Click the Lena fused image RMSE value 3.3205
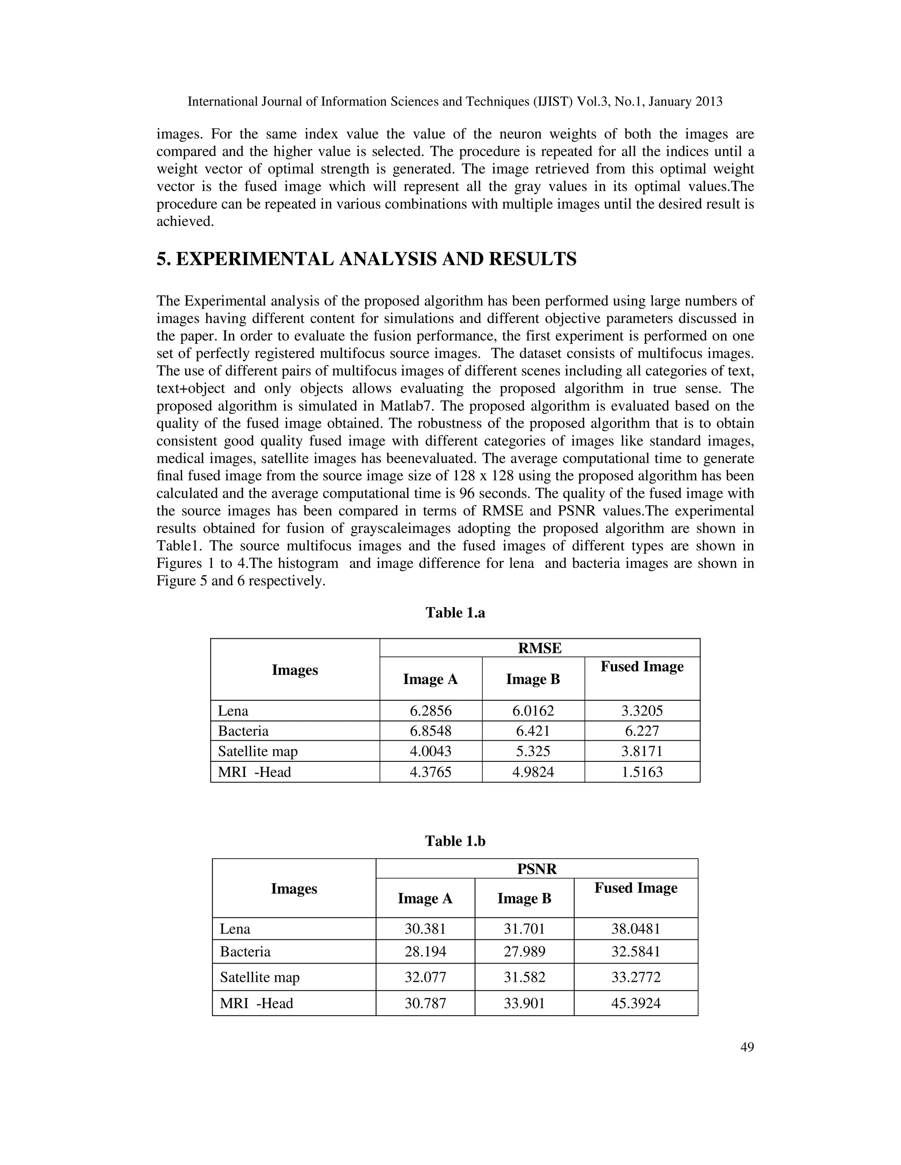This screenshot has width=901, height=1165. coord(642,711)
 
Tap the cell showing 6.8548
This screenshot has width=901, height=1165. coord(430,731)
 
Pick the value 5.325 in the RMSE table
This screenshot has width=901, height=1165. coord(533,751)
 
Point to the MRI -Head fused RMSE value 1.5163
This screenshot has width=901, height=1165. coord(642,772)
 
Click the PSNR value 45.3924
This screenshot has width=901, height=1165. coord(636,1003)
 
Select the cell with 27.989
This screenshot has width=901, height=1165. coord(524,952)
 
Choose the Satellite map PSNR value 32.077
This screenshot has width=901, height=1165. coord(425,977)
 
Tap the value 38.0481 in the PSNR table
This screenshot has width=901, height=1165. coord(636,928)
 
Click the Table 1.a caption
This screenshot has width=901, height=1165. coord(455,612)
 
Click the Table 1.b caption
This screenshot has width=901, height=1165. coord(455,841)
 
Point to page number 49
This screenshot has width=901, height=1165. coord(747,1048)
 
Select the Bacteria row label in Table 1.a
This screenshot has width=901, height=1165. coord(243,731)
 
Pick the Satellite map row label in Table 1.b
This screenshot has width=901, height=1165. coord(260,977)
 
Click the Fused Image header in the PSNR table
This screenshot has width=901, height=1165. coord(636,888)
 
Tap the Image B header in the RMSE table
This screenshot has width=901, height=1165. coord(533,679)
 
